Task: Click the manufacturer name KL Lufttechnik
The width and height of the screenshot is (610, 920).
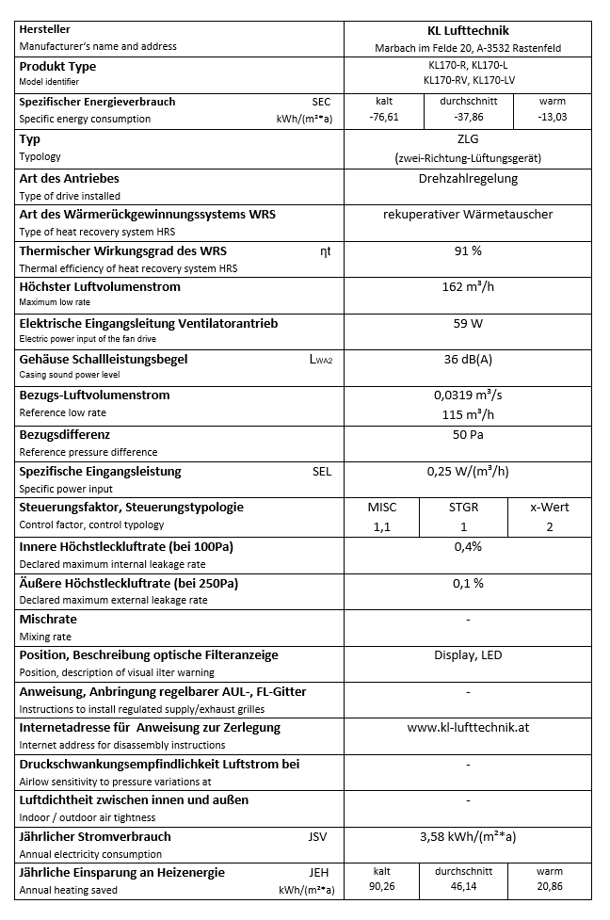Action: (467, 30)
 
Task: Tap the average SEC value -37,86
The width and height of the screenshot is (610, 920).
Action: (468, 118)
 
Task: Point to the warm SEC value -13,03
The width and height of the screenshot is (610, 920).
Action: (553, 118)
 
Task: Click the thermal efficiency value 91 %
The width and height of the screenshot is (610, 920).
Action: (468, 250)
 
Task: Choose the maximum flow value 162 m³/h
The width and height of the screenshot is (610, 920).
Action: (468, 286)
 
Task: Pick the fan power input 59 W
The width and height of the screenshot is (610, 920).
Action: (468, 323)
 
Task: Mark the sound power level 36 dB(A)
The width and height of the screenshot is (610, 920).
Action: (468, 359)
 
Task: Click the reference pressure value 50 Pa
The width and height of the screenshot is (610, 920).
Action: (468, 434)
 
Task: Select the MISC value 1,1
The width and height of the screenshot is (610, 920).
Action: (381, 526)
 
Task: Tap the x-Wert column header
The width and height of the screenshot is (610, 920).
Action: (550, 507)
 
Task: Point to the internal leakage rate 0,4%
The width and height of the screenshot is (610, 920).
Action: (468, 546)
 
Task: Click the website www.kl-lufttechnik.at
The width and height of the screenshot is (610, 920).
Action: (468, 727)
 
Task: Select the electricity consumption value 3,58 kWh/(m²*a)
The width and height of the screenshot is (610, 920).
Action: (468, 835)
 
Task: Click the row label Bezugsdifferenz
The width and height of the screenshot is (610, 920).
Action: (65, 434)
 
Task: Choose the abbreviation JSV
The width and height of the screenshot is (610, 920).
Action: (318, 836)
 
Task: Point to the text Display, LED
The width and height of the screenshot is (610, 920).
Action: (468, 654)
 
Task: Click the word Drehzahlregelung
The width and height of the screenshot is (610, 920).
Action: (468, 178)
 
